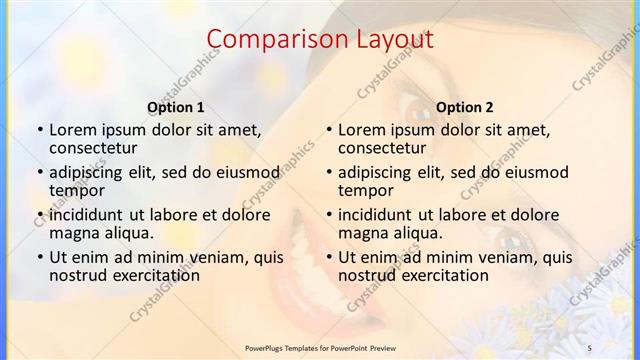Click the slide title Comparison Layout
click(x=320, y=40)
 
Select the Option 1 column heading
click(x=176, y=107)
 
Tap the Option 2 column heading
click(x=465, y=107)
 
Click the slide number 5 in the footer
click(x=589, y=346)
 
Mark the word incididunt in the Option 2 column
click(x=375, y=215)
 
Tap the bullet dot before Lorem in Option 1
click(x=39, y=131)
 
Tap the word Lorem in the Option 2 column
click(x=362, y=130)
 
